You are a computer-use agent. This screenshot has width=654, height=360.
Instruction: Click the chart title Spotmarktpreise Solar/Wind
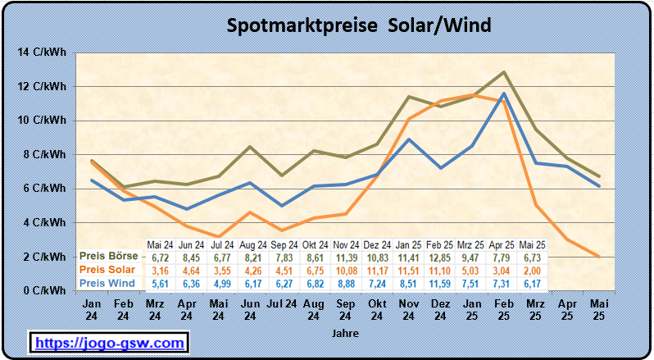pyautogui.click(x=358, y=25)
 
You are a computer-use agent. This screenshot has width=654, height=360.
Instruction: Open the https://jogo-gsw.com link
pyautogui.click(x=109, y=341)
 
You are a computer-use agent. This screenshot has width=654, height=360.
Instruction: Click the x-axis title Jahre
pyautogui.click(x=345, y=334)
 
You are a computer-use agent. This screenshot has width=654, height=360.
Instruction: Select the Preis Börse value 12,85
pyautogui.click(x=439, y=257)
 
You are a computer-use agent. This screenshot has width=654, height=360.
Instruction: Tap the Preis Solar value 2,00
pyautogui.click(x=533, y=271)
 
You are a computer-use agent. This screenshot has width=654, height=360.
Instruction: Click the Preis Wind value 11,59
pyautogui.click(x=439, y=284)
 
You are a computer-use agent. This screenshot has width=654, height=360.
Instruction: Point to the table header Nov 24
pyautogui.click(x=346, y=244)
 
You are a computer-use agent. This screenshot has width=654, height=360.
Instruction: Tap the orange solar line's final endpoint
pyautogui.click(x=600, y=257)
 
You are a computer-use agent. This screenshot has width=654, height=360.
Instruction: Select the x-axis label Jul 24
pyautogui.click(x=281, y=304)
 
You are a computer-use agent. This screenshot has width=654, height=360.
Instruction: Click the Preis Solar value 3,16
pyautogui.click(x=159, y=271)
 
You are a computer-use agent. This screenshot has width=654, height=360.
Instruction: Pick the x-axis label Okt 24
pyautogui.click(x=377, y=309)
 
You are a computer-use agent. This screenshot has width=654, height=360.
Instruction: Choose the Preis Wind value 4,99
pyautogui.click(x=221, y=284)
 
